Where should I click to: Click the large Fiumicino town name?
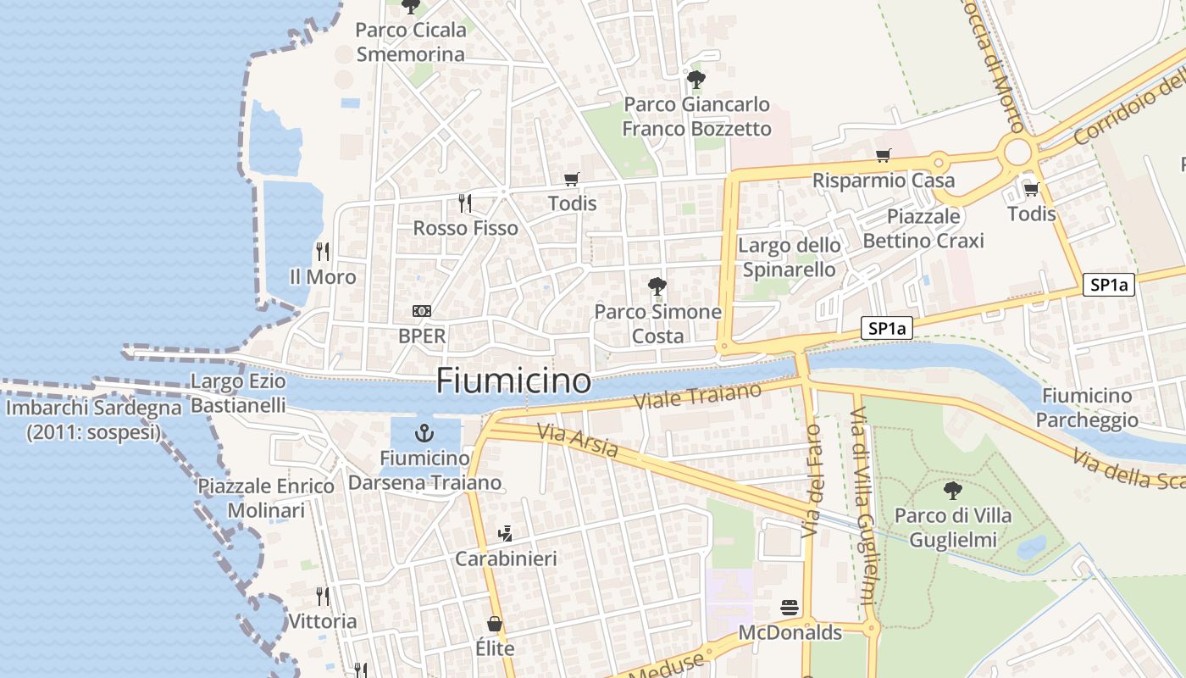point(513,381)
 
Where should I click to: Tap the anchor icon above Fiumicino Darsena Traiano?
point(424,434)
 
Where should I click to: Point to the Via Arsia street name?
point(577,441)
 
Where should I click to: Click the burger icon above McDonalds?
point(790,608)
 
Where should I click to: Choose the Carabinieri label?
point(506,559)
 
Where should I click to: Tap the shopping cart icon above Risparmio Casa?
point(884,155)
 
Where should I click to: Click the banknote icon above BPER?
point(421,311)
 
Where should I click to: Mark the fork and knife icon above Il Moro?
point(322,251)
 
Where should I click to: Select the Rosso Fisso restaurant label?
point(465,228)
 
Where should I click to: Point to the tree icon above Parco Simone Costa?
point(657,286)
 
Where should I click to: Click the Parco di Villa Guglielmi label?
point(953,528)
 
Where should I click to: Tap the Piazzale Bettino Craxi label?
point(923,228)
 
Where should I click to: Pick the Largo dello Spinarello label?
point(790,258)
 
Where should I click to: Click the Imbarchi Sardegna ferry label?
point(93,420)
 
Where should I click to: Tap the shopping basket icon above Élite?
point(495,624)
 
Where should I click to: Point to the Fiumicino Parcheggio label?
point(1087,408)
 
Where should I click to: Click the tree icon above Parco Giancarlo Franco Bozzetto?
point(696,80)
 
